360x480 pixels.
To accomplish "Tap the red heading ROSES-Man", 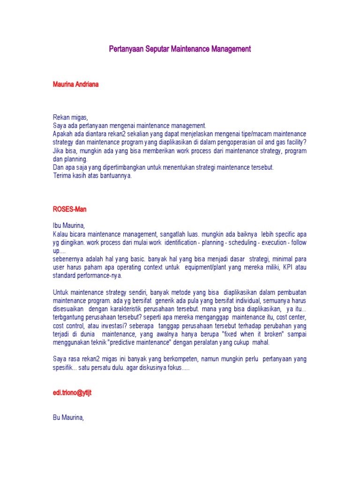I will [x=69, y=209].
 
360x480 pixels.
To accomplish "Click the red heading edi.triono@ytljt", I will [x=72, y=392].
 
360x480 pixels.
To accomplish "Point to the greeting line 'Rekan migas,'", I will [x=70, y=117].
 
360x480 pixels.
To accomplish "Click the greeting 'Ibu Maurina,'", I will [x=69, y=225].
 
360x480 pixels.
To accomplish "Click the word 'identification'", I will [x=176, y=242].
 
